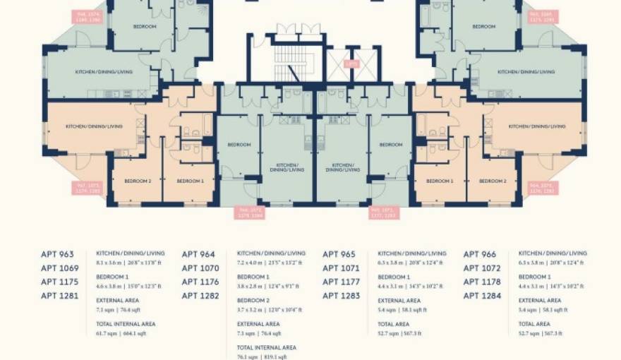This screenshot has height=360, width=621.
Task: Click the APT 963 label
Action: [x=57, y=255]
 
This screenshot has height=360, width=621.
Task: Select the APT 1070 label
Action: [x=200, y=268]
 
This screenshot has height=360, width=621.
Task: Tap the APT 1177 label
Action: [x=341, y=282]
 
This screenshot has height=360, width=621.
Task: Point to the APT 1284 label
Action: [x=482, y=296]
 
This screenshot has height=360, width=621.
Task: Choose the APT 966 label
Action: [x=480, y=255]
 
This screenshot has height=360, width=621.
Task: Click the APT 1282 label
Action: [x=200, y=296]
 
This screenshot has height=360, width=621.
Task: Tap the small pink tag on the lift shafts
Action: [x=350, y=64]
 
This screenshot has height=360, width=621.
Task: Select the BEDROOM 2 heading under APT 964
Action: [x=253, y=301]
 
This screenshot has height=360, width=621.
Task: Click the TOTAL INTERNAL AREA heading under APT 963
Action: [x=126, y=324]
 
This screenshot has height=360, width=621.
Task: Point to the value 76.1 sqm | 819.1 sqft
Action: [x=261, y=356]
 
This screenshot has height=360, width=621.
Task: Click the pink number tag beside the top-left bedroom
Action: [x=89, y=16]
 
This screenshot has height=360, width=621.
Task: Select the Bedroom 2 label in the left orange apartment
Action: [x=138, y=181]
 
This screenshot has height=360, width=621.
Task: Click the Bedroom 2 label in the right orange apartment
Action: [x=493, y=181]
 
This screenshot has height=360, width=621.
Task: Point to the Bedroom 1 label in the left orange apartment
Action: [x=190, y=181]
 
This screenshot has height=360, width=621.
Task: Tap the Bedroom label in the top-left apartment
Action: [x=145, y=27]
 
